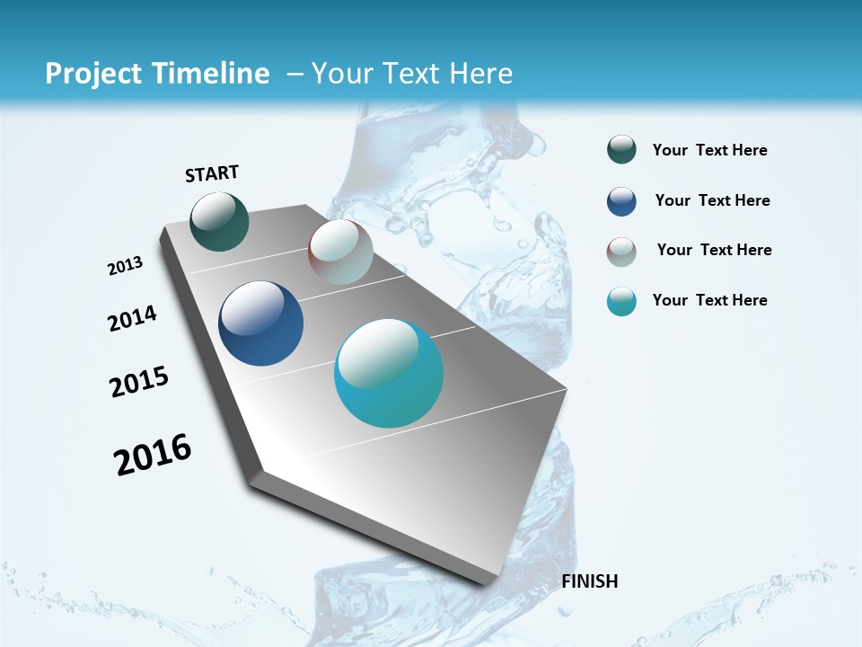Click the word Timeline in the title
(212, 74)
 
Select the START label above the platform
(212, 173)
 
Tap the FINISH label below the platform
(590, 581)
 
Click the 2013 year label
(126, 266)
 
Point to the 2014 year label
(133, 318)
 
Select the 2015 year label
(139, 382)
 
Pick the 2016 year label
(153, 454)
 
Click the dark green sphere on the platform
(220, 221)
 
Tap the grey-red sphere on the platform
(340, 252)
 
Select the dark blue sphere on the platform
(261, 323)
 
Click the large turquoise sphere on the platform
(389, 373)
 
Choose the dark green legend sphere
(621, 150)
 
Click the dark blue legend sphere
(621, 201)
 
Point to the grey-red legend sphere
(621, 252)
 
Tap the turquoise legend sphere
(621, 301)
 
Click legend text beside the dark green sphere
(709, 150)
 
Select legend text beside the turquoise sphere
(709, 300)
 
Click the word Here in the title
(480, 74)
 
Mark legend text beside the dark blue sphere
(712, 200)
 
